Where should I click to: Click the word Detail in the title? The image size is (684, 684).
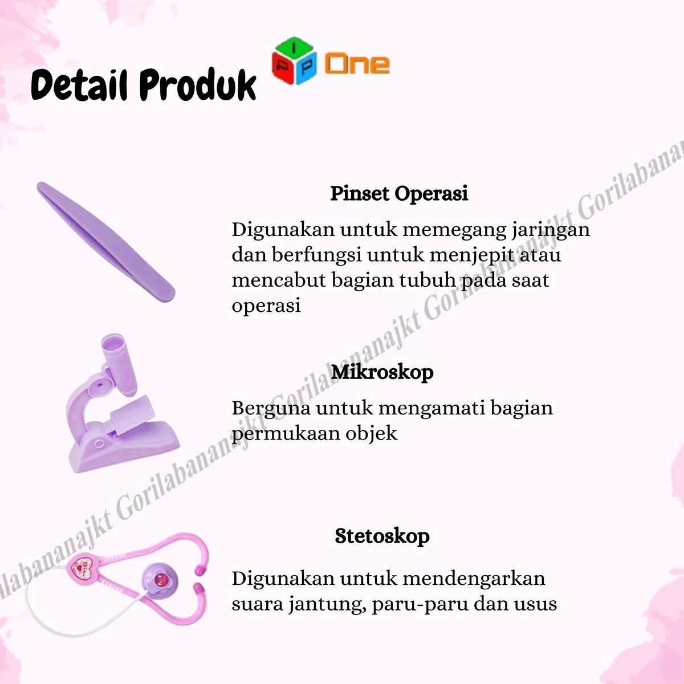(x=79, y=85)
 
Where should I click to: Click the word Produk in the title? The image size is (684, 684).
(x=198, y=85)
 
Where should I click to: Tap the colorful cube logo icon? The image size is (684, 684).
(x=294, y=60)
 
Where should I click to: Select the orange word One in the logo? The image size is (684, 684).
(x=357, y=64)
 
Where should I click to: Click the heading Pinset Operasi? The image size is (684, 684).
(x=399, y=194)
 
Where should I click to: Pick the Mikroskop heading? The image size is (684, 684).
(x=382, y=372)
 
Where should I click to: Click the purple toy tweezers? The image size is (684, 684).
(x=106, y=241)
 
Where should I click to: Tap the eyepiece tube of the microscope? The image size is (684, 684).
(x=119, y=364)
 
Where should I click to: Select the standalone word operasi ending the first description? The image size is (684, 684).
(x=266, y=306)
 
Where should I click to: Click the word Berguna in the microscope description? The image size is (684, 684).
(x=271, y=409)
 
